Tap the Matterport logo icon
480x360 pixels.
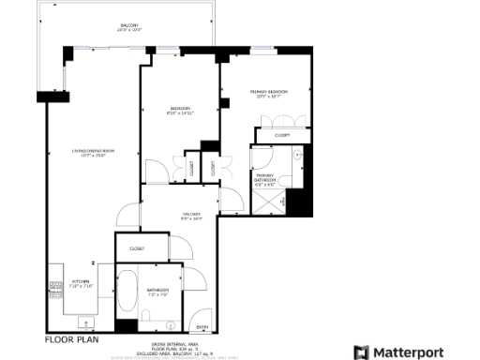tap(361, 352)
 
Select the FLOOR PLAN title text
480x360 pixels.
tap(71, 339)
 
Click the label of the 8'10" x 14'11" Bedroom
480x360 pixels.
tap(179, 109)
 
